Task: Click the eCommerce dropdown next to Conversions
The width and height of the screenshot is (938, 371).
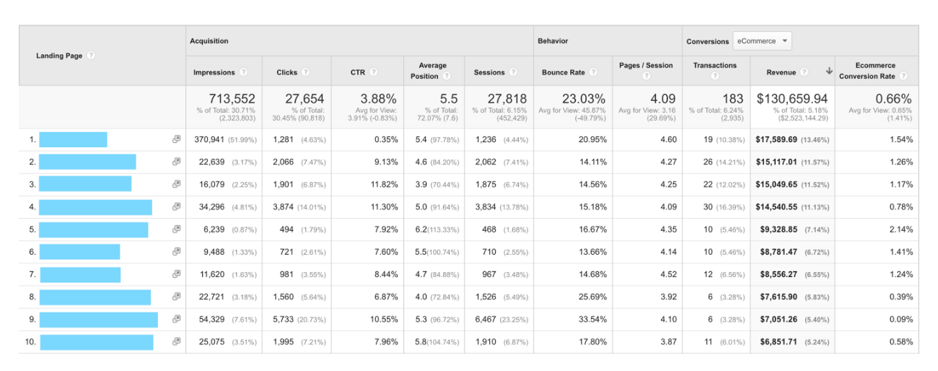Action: pos(762,41)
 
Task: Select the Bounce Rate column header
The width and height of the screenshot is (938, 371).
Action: pos(564,72)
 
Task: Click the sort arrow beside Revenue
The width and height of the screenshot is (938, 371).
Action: pos(829,71)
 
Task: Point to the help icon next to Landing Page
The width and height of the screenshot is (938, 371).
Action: pos(91,56)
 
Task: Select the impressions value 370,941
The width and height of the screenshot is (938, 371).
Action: pos(209,139)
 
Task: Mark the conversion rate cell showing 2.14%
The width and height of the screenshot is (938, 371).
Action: pos(901,230)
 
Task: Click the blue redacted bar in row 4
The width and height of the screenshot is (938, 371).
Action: pos(95,207)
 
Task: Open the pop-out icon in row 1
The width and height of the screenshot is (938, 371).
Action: pos(176,139)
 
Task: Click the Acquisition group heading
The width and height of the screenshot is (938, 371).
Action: pos(209,41)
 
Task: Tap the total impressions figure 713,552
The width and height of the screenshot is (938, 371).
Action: pos(232,99)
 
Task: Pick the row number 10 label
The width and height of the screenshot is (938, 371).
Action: pos(30,341)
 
